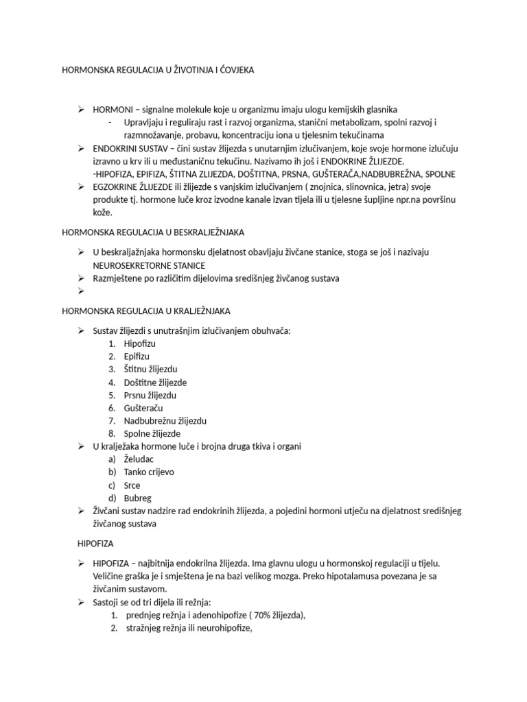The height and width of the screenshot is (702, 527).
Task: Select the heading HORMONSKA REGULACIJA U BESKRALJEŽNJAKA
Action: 153,233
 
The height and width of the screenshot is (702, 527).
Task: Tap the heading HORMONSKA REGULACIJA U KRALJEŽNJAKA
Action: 146,311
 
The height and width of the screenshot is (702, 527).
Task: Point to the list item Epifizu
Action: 137,356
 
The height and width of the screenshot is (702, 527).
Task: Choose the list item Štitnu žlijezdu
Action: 150,370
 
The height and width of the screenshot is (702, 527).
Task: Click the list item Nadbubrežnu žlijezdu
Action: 165,421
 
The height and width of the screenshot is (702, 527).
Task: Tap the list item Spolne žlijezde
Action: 152,434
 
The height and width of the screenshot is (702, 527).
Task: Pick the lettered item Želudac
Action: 139,459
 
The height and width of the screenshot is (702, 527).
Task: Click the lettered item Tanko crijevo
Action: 149,472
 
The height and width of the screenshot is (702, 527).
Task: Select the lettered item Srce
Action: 132,485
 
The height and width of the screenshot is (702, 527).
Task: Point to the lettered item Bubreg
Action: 137,498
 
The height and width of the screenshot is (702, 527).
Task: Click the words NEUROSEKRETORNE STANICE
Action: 149,265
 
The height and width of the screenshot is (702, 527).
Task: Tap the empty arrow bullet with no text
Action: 81,291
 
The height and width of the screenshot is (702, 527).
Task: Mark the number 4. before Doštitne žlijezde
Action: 111,383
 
